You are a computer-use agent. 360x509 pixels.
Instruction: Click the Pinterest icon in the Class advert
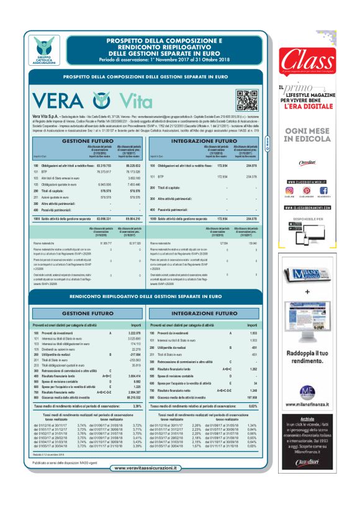point(304,190)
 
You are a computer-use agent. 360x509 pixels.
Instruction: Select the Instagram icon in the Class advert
point(289,190)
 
